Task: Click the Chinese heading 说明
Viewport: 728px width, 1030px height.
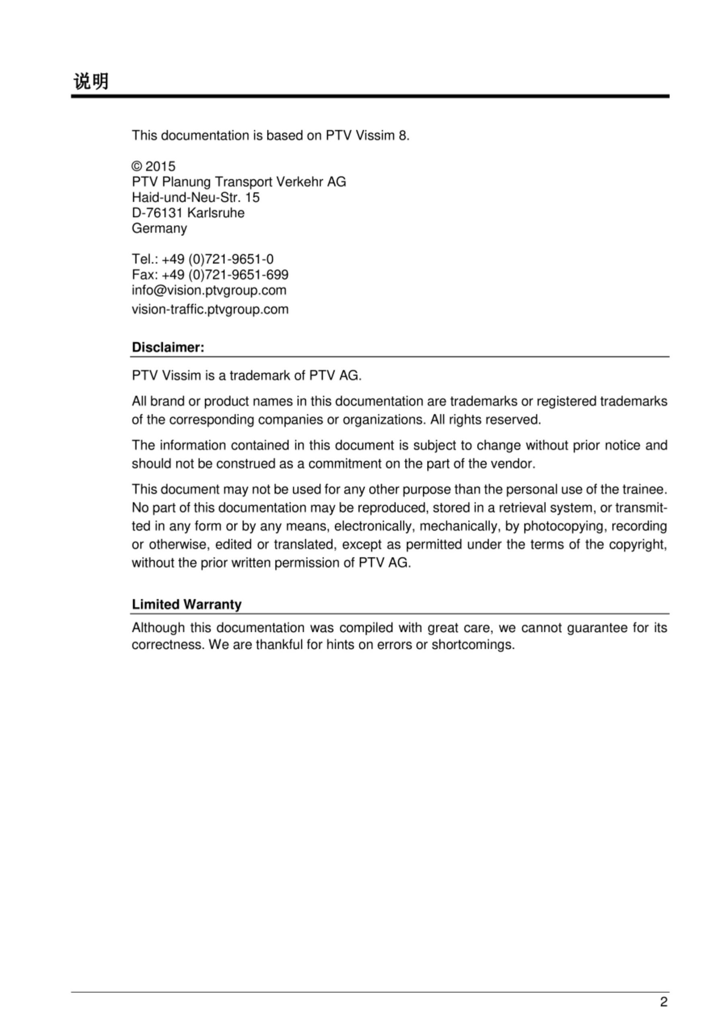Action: pos(91,81)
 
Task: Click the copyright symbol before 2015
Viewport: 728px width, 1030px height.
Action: pos(136,167)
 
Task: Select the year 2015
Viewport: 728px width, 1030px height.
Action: pos(160,167)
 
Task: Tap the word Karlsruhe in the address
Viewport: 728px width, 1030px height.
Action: pos(216,213)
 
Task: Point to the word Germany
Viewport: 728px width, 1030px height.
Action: pos(159,229)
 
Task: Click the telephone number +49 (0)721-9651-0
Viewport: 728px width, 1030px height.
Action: pos(218,259)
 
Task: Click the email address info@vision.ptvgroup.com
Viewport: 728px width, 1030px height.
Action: pos(209,290)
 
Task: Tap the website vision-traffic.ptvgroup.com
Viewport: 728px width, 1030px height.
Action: pos(210,309)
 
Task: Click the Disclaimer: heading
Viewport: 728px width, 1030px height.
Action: pos(168,347)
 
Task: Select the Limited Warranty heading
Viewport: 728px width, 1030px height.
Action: pos(187,605)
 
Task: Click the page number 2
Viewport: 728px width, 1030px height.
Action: pos(663,1002)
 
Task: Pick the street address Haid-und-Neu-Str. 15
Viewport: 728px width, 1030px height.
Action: pos(195,198)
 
